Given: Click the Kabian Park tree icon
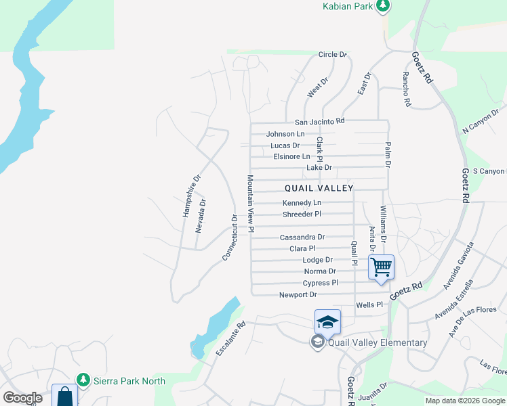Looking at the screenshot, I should coord(383,6).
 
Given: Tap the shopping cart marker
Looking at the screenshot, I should coord(381,267).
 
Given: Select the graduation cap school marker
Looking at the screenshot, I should coord(327,321).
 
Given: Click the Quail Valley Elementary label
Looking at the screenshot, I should coord(377,342).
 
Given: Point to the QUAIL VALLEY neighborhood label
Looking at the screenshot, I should coord(319,187).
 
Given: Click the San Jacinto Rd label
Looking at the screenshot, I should coord(319,122).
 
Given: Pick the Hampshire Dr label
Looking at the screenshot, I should coord(192,196).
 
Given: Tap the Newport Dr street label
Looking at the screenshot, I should coord(298,295).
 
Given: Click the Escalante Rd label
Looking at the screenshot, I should coord(230,339).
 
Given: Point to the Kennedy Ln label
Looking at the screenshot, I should coord(302,203).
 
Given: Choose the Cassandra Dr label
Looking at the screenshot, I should coord(302,238).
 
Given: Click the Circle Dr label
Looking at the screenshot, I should coord(332,54).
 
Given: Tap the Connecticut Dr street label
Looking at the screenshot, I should coord(230,238).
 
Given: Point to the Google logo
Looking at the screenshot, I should coord(23,398).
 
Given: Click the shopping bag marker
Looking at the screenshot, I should coord(65,396).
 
